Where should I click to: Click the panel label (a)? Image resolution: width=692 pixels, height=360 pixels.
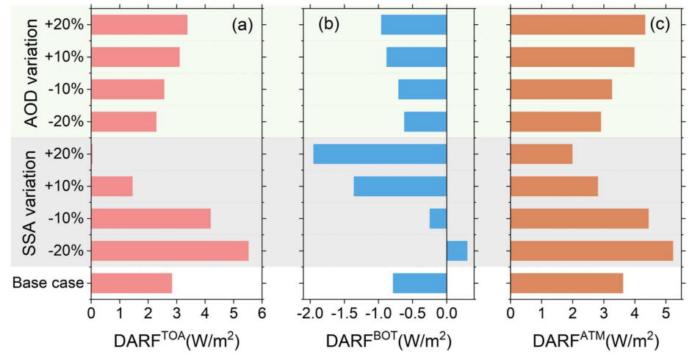click(242, 26)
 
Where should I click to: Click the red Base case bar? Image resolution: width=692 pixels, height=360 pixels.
click(131, 283)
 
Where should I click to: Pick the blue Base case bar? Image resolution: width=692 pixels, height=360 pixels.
click(419, 283)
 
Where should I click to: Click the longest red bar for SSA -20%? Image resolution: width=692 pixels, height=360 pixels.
click(170, 251)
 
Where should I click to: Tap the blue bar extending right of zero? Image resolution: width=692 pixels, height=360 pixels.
click(457, 251)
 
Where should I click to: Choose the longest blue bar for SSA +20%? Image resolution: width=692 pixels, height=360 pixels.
click(380, 154)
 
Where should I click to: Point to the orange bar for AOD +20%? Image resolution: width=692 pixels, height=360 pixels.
click(577, 24)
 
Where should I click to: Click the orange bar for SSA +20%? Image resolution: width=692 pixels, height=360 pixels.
click(541, 154)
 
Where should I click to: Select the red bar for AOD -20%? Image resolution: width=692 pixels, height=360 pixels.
click(123, 121)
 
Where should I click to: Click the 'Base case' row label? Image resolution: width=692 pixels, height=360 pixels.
click(47, 284)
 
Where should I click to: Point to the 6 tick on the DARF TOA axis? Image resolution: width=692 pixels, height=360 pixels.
click(262, 313)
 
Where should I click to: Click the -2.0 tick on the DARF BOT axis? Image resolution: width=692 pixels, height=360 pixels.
click(309, 313)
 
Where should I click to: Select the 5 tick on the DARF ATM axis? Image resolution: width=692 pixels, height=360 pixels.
click(665, 313)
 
